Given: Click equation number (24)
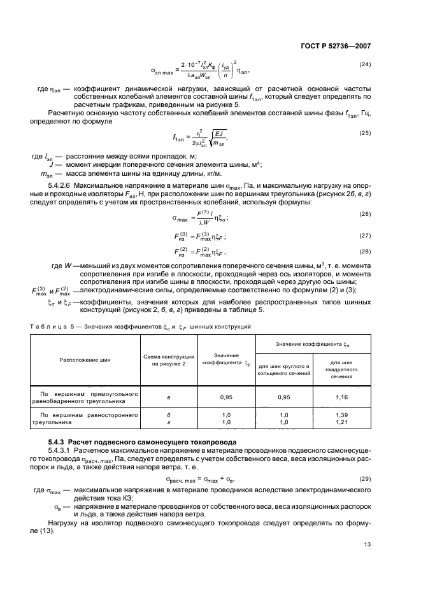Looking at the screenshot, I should click(x=365, y=64).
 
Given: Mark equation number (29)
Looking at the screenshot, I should click(x=365, y=478).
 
